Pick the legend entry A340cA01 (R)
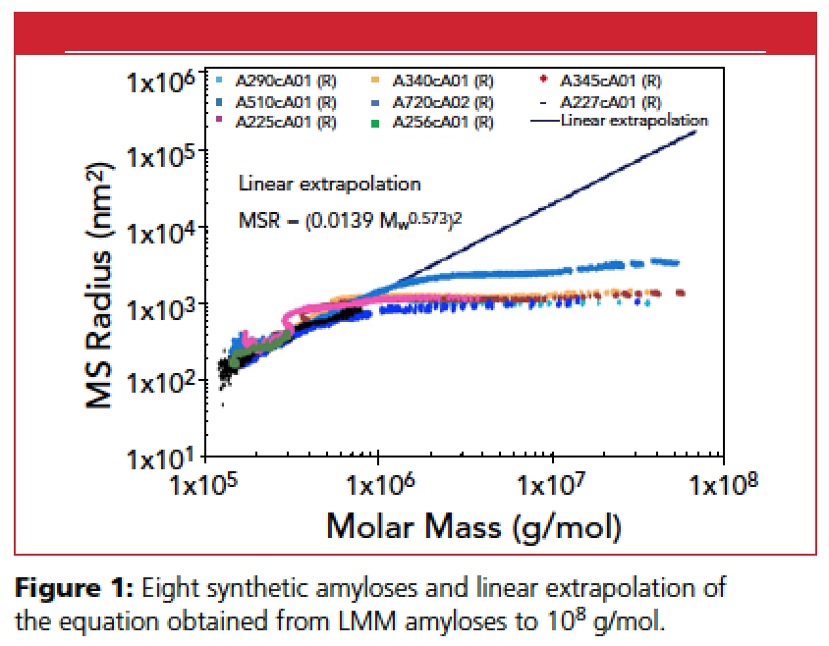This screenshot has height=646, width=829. (x=442, y=81)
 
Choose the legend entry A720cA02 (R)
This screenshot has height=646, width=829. (x=442, y=102)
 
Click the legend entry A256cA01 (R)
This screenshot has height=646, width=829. (x=442, y=123)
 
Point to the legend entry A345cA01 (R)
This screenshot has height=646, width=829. (x=610, y=81)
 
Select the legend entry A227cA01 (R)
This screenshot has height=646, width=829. (x=610, y=102)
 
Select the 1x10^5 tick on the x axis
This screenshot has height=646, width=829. (x=203, y=484)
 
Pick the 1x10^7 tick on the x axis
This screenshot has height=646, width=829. (x=552, y=484)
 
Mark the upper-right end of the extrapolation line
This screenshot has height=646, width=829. (x=696, y=131)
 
